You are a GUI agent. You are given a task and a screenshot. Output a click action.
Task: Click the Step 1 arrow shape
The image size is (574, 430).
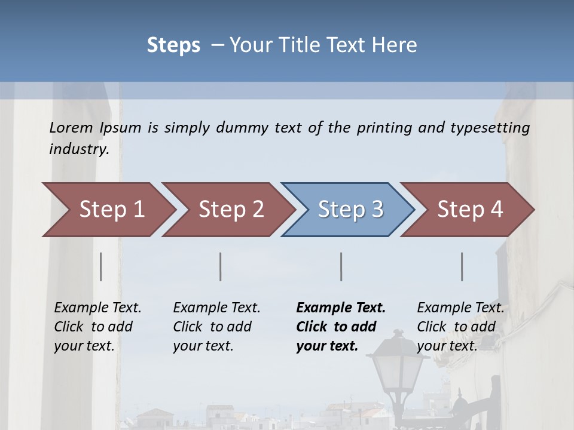click(108, 210)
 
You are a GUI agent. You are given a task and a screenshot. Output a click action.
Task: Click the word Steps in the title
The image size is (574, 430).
click(173, 45)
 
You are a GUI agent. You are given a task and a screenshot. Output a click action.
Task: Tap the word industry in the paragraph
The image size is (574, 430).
click(79, 149)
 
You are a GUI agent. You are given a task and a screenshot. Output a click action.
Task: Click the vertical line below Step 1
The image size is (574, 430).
click(101, 266)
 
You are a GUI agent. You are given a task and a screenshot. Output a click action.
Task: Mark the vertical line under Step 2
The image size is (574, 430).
click(221, 266)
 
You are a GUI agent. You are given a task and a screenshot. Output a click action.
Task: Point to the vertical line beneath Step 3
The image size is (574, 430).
click(341, 266)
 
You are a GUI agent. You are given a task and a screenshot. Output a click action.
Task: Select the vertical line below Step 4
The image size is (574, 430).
click(462, 266)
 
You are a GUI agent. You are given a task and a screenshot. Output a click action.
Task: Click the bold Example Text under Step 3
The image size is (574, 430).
click(341, 308)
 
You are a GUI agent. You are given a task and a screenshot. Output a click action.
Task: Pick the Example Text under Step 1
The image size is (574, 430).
click(97, 308)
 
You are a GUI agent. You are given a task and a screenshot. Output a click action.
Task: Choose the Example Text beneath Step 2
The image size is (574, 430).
click(216, 308)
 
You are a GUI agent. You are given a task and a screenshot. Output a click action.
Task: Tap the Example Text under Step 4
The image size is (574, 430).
click(460, 308)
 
